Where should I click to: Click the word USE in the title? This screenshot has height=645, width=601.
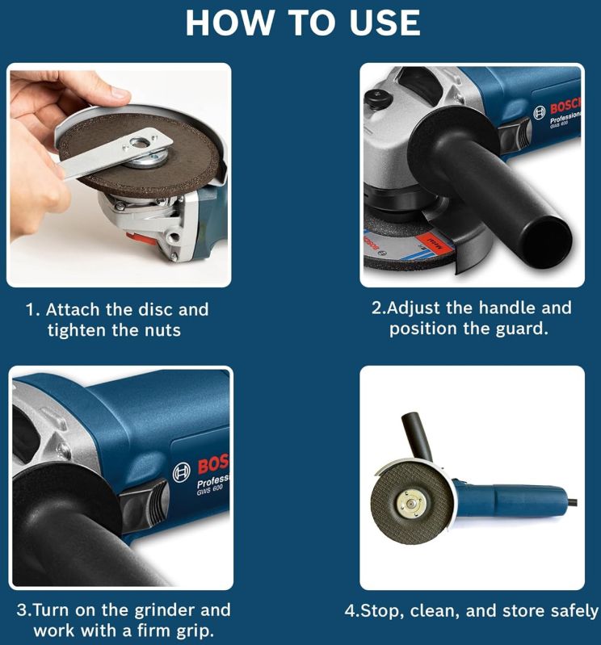pos(385,23)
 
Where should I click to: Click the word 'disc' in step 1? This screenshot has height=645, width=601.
pos(154,309)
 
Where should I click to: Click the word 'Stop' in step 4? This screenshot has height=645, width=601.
pos(379,611)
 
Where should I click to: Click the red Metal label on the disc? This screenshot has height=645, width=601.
pos(435,242)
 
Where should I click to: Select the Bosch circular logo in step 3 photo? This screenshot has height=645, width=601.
pos(182,472)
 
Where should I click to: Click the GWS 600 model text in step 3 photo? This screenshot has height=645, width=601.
pos(209,490)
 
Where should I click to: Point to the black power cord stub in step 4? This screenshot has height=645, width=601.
pos(573,502)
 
